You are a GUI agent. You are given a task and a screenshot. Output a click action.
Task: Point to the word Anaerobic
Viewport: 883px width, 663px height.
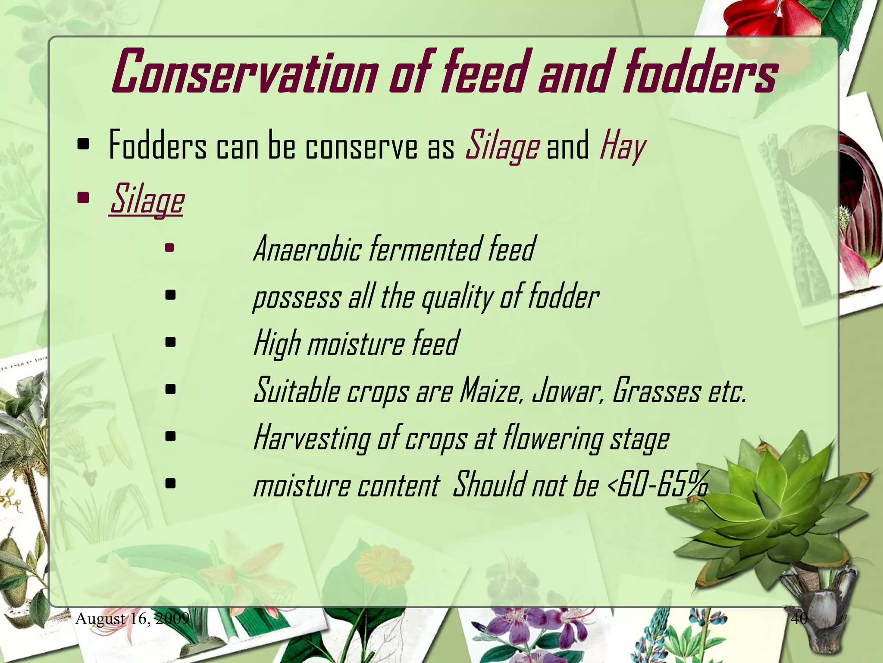307,249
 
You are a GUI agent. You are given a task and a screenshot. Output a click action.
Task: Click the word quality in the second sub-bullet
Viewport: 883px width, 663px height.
457,298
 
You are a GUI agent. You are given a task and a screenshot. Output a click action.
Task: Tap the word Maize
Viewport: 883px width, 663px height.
492,391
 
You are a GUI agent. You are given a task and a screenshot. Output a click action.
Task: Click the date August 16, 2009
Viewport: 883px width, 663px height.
132,619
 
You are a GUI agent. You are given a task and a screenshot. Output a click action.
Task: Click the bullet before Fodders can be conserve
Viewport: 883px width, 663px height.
83,146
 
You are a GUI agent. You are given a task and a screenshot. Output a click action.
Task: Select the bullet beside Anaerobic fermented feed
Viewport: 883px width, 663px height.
170,248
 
